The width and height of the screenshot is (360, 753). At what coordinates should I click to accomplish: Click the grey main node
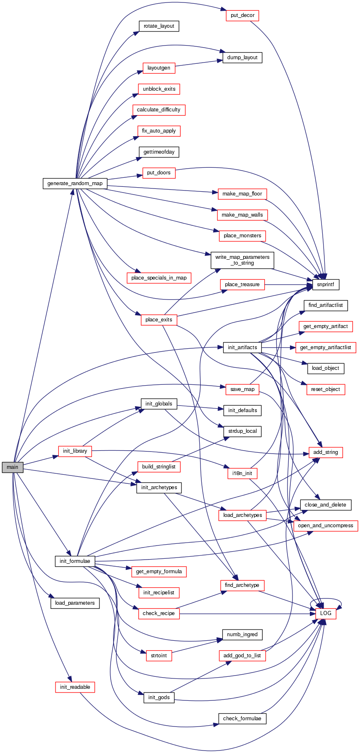pos(12,467)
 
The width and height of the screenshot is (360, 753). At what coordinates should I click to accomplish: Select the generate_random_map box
pos(75,183)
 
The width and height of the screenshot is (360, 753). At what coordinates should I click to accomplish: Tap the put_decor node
pos(242,15)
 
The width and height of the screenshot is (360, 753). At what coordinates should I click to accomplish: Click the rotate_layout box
pos(159,26)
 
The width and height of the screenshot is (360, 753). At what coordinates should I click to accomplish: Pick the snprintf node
pos(326,284)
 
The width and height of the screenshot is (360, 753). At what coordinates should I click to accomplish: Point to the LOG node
pos(326,613)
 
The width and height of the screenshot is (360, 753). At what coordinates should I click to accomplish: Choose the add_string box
pos(326,452)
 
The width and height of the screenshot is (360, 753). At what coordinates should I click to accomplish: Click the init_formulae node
pos(75,561)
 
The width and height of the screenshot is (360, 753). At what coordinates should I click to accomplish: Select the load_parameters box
pos(75,603)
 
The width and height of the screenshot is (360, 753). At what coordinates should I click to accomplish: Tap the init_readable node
pos(75,687)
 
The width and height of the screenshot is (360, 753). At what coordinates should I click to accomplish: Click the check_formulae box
pos(242,718)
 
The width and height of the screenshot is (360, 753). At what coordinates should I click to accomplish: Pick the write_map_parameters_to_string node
pos(242,260)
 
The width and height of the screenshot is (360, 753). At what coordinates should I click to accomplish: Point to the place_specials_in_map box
pos(159,278)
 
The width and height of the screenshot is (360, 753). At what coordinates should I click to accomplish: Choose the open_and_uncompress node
pos(326,525)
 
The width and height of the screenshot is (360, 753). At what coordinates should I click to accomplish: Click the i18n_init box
pos(242,473)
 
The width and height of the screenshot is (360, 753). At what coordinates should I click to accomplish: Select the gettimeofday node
pos(159,152)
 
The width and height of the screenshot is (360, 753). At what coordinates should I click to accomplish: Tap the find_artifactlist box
pos(326,305)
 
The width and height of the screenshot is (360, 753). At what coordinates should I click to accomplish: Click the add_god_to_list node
pos(242,655)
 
